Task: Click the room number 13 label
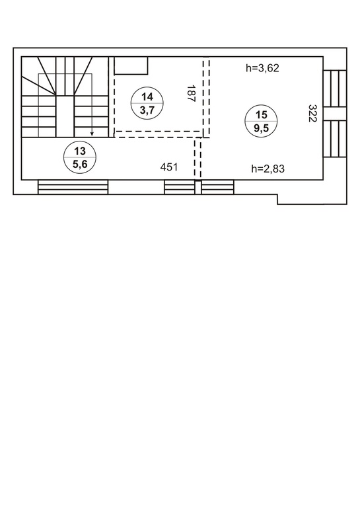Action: click(x=80, y=151)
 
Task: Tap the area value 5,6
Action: click(x=80, y=164)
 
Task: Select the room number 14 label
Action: click(x=147, y=97)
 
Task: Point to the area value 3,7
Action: click(x=147, y=110)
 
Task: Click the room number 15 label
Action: click(x=262, y=115)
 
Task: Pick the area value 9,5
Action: click(x=262, y=128)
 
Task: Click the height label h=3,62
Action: click(x=262, y=68)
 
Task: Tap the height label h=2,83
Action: click(x=268, y=169)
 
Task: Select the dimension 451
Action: click(x=169, y=167)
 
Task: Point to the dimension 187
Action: click(x=191, y=94)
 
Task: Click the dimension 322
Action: click(x=312, y=113)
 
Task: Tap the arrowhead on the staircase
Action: click(x=92, y=133)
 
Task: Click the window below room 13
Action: click(x=73, y=187)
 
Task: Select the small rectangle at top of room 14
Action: click(x=131, y=65)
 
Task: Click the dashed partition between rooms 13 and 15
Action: click(x=198, y=159)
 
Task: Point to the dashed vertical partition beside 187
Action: click(x=206, y=97)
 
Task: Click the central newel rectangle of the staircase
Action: click(x=65, y=116)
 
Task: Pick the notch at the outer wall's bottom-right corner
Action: click(x=277, y=200)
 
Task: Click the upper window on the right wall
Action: click(x=335, y=89)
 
